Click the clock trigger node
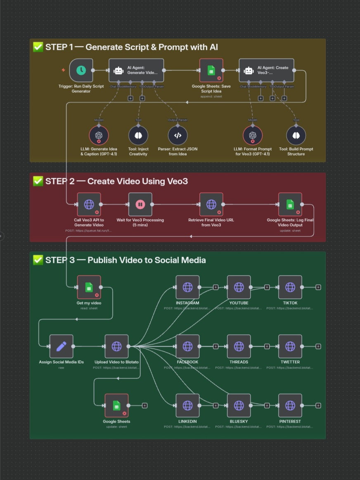click(81, 70)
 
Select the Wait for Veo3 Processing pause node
click(140, 204)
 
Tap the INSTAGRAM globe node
click(187, 287)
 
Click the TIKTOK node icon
click(290, 287)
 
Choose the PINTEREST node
click(290, 405)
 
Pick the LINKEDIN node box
click(187, 405)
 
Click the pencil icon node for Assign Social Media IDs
click(61, 346)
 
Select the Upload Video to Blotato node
click(116, 346)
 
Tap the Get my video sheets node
click(89, 287)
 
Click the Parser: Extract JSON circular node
click(178, 135)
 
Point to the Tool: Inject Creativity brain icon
click(138, 135)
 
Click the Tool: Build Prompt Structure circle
click(296, 135)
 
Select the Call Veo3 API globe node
click(89, 204)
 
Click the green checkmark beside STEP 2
click(38, 181)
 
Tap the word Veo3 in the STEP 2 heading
click(177, 181)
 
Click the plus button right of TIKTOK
click(318, 287)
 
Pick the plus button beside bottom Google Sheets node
click(144, 405)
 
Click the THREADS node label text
click(239, 362)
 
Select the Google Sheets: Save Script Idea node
click(211, 70)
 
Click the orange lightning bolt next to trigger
click(63, 70)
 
